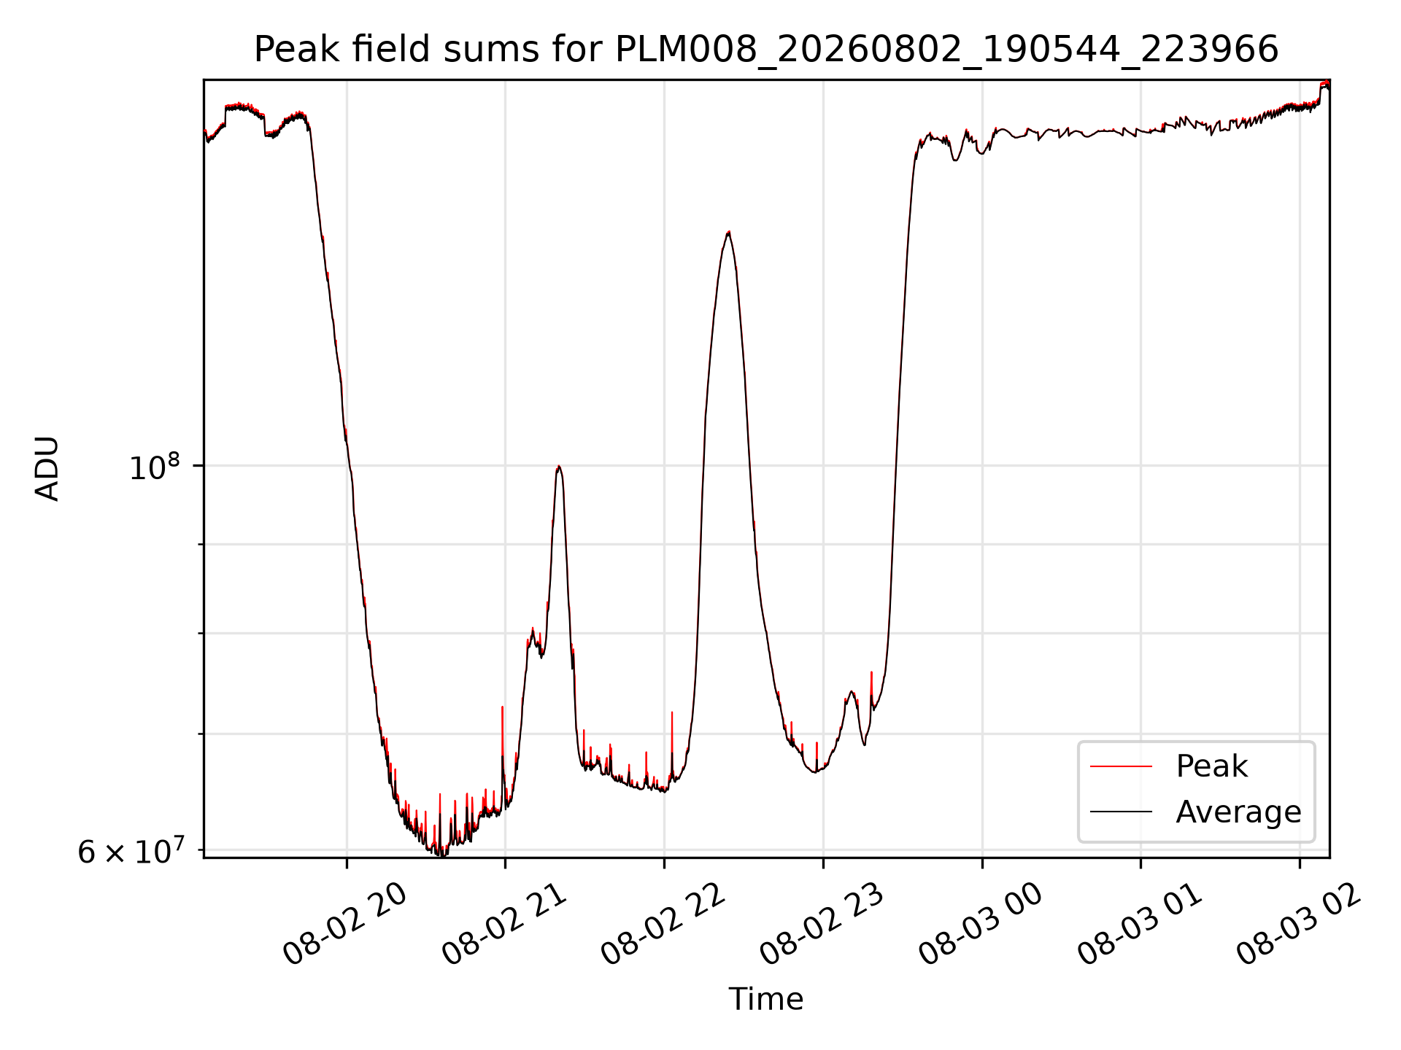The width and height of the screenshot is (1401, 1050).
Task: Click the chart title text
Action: pos(766,50)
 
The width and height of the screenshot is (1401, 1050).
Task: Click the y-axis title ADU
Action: pos(47,469)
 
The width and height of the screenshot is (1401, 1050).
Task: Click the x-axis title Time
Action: pos(766,999)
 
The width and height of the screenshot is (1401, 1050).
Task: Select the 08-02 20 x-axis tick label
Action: pos(344,925)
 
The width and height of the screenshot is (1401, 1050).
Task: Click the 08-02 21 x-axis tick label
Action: pos(504,925)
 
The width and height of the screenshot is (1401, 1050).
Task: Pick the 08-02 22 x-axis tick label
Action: pos(663,925)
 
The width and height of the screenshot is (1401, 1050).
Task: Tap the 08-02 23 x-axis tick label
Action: pos(822,925)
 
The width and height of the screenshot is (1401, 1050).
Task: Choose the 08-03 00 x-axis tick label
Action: pos(981,925)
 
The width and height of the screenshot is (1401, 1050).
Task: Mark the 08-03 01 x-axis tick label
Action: pos(1141,925)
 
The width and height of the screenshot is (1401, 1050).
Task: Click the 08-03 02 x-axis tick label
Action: pos(1300,925)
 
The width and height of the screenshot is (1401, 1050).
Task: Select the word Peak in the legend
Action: pos(1211,766)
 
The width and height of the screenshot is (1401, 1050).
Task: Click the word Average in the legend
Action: pos(1238,812)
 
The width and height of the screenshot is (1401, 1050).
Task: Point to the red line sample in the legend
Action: pos(1121,766)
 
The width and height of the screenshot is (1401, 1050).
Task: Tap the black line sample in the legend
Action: pos(1121,812)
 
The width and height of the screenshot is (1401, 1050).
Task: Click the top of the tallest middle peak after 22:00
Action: pos(728,232)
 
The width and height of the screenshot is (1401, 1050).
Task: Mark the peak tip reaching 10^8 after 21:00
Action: pos(558,467)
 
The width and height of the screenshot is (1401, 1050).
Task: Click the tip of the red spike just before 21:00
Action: pos(502,707)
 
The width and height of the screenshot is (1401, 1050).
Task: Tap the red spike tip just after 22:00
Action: pos(672,712)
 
